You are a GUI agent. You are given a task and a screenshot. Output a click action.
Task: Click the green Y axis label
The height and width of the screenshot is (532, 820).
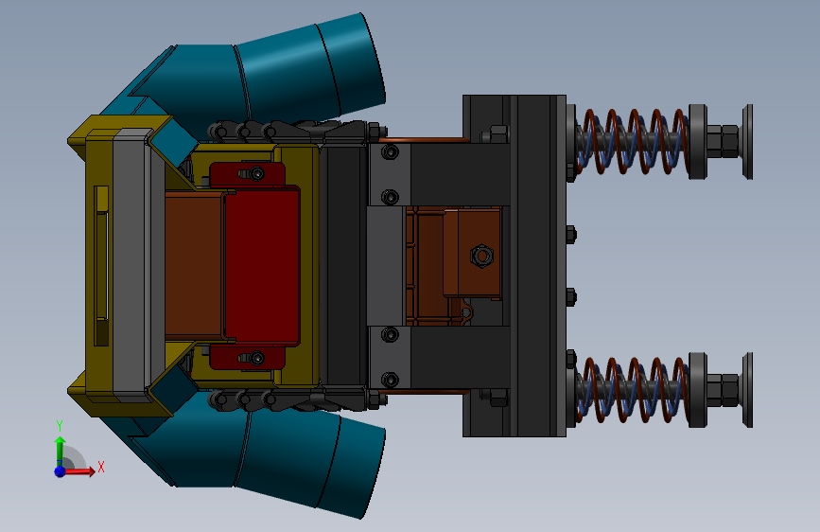click(x=60, y=426)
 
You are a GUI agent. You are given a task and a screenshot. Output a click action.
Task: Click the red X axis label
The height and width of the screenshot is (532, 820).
click(x=101, y=467)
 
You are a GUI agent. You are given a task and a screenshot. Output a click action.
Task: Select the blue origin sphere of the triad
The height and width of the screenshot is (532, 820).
click(x=61, y=471)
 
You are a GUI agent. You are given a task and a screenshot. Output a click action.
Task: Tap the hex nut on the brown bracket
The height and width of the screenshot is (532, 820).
click(x=481, y=256)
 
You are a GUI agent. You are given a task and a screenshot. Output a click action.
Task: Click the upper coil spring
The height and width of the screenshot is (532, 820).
click(x=632, y=141)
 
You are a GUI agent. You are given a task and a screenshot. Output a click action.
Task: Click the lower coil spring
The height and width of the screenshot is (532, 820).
click(x=632, y=390)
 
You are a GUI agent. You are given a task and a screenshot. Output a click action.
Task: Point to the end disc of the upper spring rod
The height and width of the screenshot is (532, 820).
click(x=748, y=141)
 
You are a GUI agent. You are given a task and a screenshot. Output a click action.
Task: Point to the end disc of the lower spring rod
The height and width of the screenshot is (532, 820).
click(x=748, y=390)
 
